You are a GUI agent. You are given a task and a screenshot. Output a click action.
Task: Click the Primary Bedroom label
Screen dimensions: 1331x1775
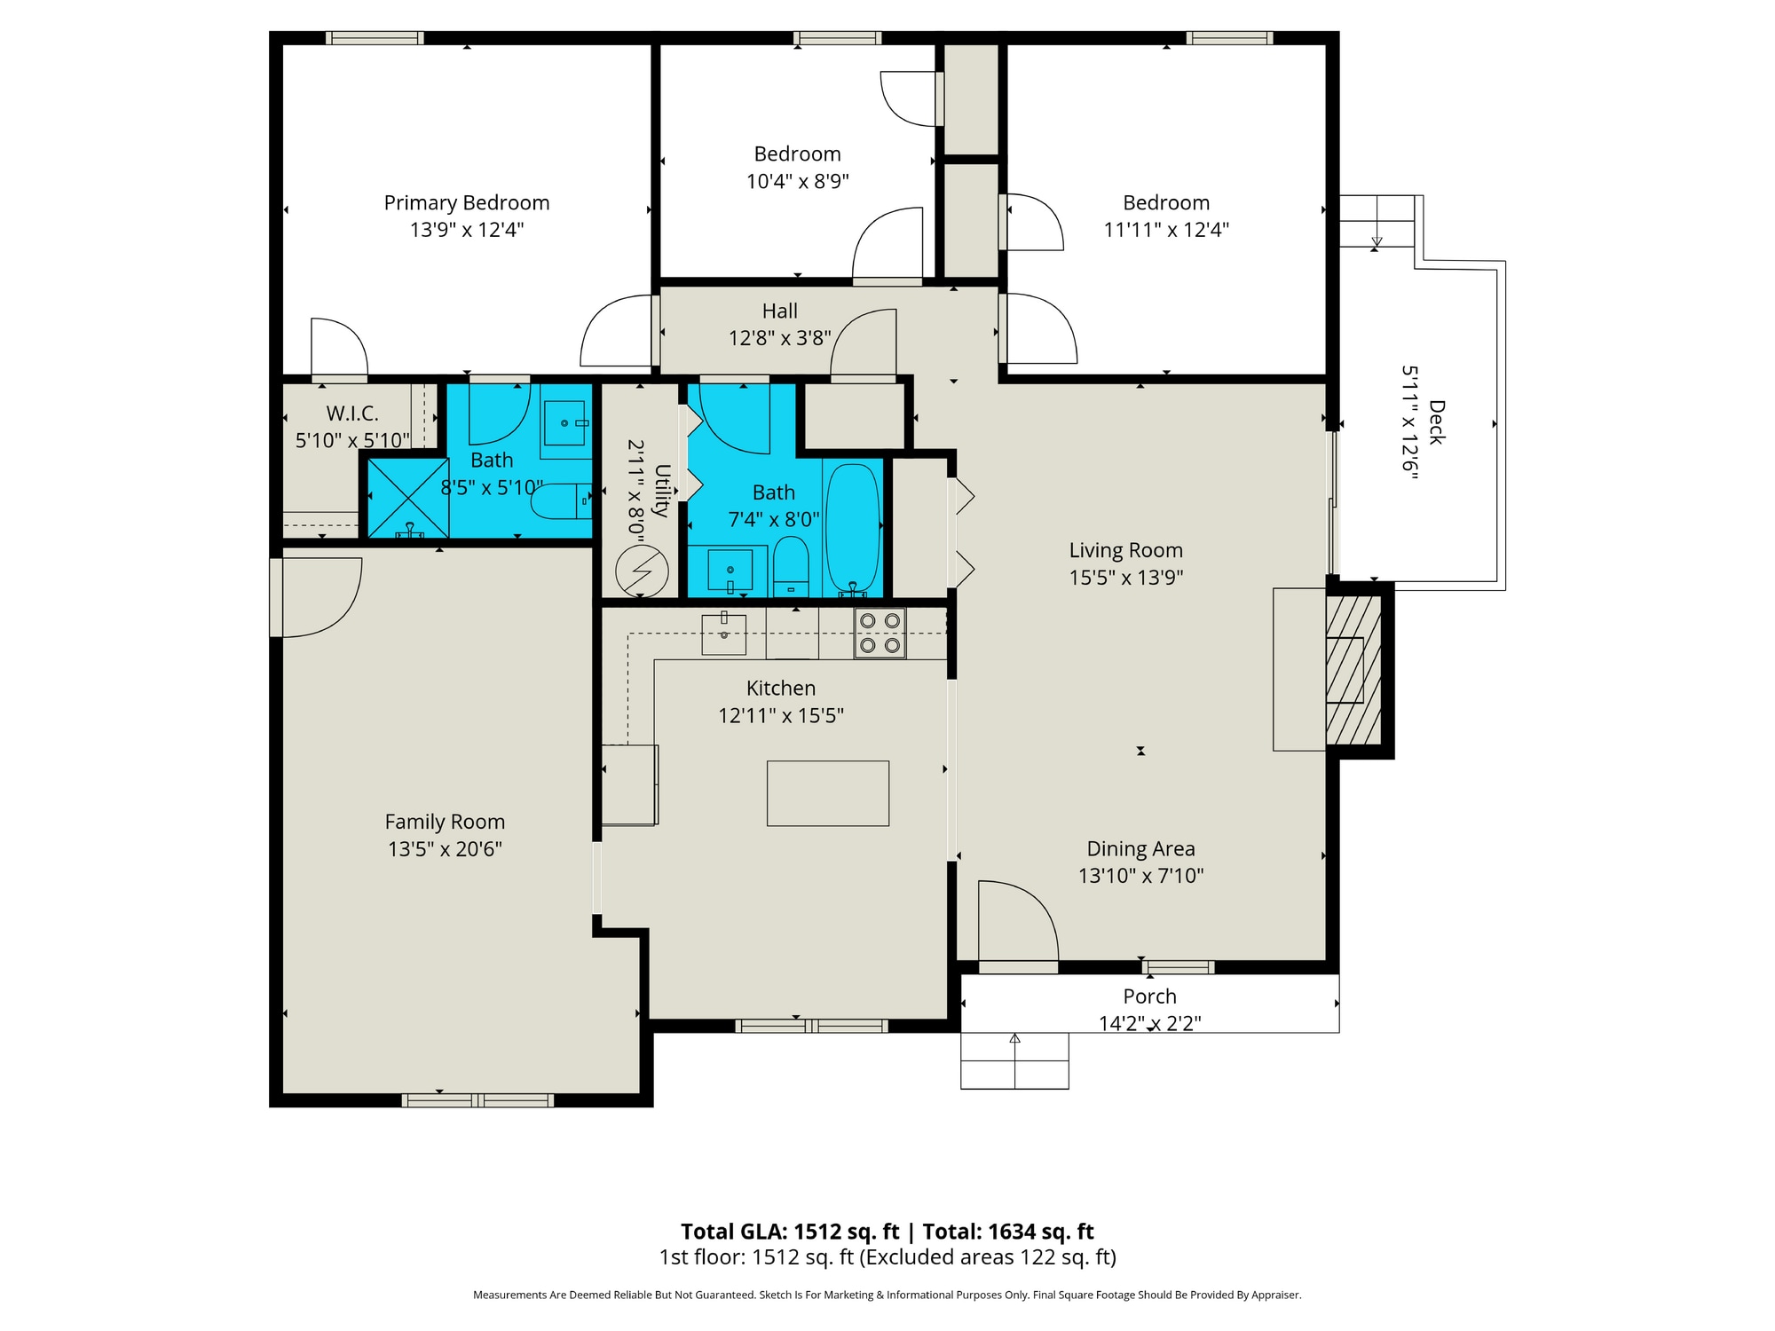(x=467, y=203)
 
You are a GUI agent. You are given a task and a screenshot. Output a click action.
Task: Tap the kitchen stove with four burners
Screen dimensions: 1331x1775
(x=880, y=634)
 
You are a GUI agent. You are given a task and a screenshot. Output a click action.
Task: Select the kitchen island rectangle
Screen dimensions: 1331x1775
(x=827, y=793)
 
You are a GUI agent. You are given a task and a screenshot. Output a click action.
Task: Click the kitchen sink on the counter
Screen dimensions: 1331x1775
(x=723, y=634)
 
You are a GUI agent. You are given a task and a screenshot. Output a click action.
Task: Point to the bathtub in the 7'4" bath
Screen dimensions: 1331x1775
(x=852, y=528)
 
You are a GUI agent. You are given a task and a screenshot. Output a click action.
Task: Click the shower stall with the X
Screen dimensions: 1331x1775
(x=408, y=498)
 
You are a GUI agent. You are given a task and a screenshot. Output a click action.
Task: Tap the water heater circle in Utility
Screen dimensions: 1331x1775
(x=642, y=571)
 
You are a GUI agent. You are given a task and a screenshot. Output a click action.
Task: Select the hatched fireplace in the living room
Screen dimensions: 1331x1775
(x=1353, y=669)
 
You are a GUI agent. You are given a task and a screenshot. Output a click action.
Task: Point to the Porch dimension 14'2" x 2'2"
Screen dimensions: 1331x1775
(x=1149, y=1023)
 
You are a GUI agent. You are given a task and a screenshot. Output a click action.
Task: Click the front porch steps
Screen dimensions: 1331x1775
(x=1014, y=1060)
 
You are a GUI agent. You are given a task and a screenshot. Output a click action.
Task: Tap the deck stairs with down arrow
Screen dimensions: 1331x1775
(x=1377, y=221)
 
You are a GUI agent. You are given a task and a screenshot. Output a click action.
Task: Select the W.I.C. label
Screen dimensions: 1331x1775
(x=352, y=413)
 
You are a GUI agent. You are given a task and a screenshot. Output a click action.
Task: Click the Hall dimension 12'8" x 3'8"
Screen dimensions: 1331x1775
(x=779, y=338)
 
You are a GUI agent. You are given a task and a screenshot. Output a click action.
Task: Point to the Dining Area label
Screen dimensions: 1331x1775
(x=1140, y=849)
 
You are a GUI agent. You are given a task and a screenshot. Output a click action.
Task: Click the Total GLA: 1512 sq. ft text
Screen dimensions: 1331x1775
(x=790, y=1232)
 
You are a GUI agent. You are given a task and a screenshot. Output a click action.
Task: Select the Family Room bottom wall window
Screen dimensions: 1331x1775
(x=477, y=1100)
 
